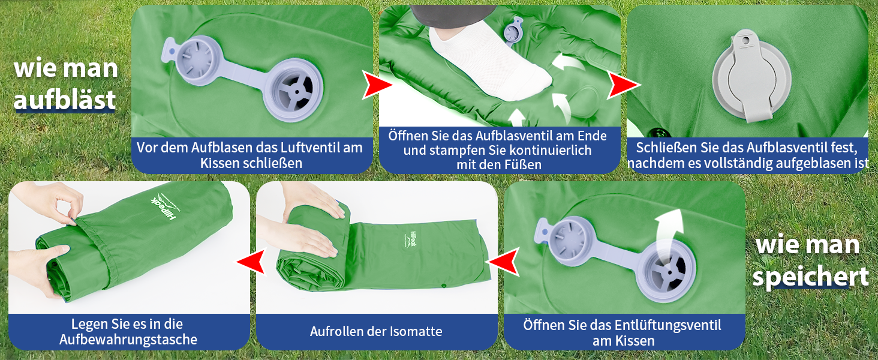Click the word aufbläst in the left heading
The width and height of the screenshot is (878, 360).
pos(65,100)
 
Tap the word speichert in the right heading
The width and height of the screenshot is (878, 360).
pos(811,277)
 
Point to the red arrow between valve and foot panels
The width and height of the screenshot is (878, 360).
pos(376,85)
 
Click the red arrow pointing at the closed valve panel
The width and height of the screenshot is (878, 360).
pos(623,85)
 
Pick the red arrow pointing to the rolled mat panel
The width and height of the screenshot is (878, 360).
pos(504,261)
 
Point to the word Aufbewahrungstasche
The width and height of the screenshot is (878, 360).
pos(128,340)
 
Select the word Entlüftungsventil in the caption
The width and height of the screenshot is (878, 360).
pos(667,325)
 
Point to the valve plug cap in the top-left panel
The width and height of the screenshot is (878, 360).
pos(193,61)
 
